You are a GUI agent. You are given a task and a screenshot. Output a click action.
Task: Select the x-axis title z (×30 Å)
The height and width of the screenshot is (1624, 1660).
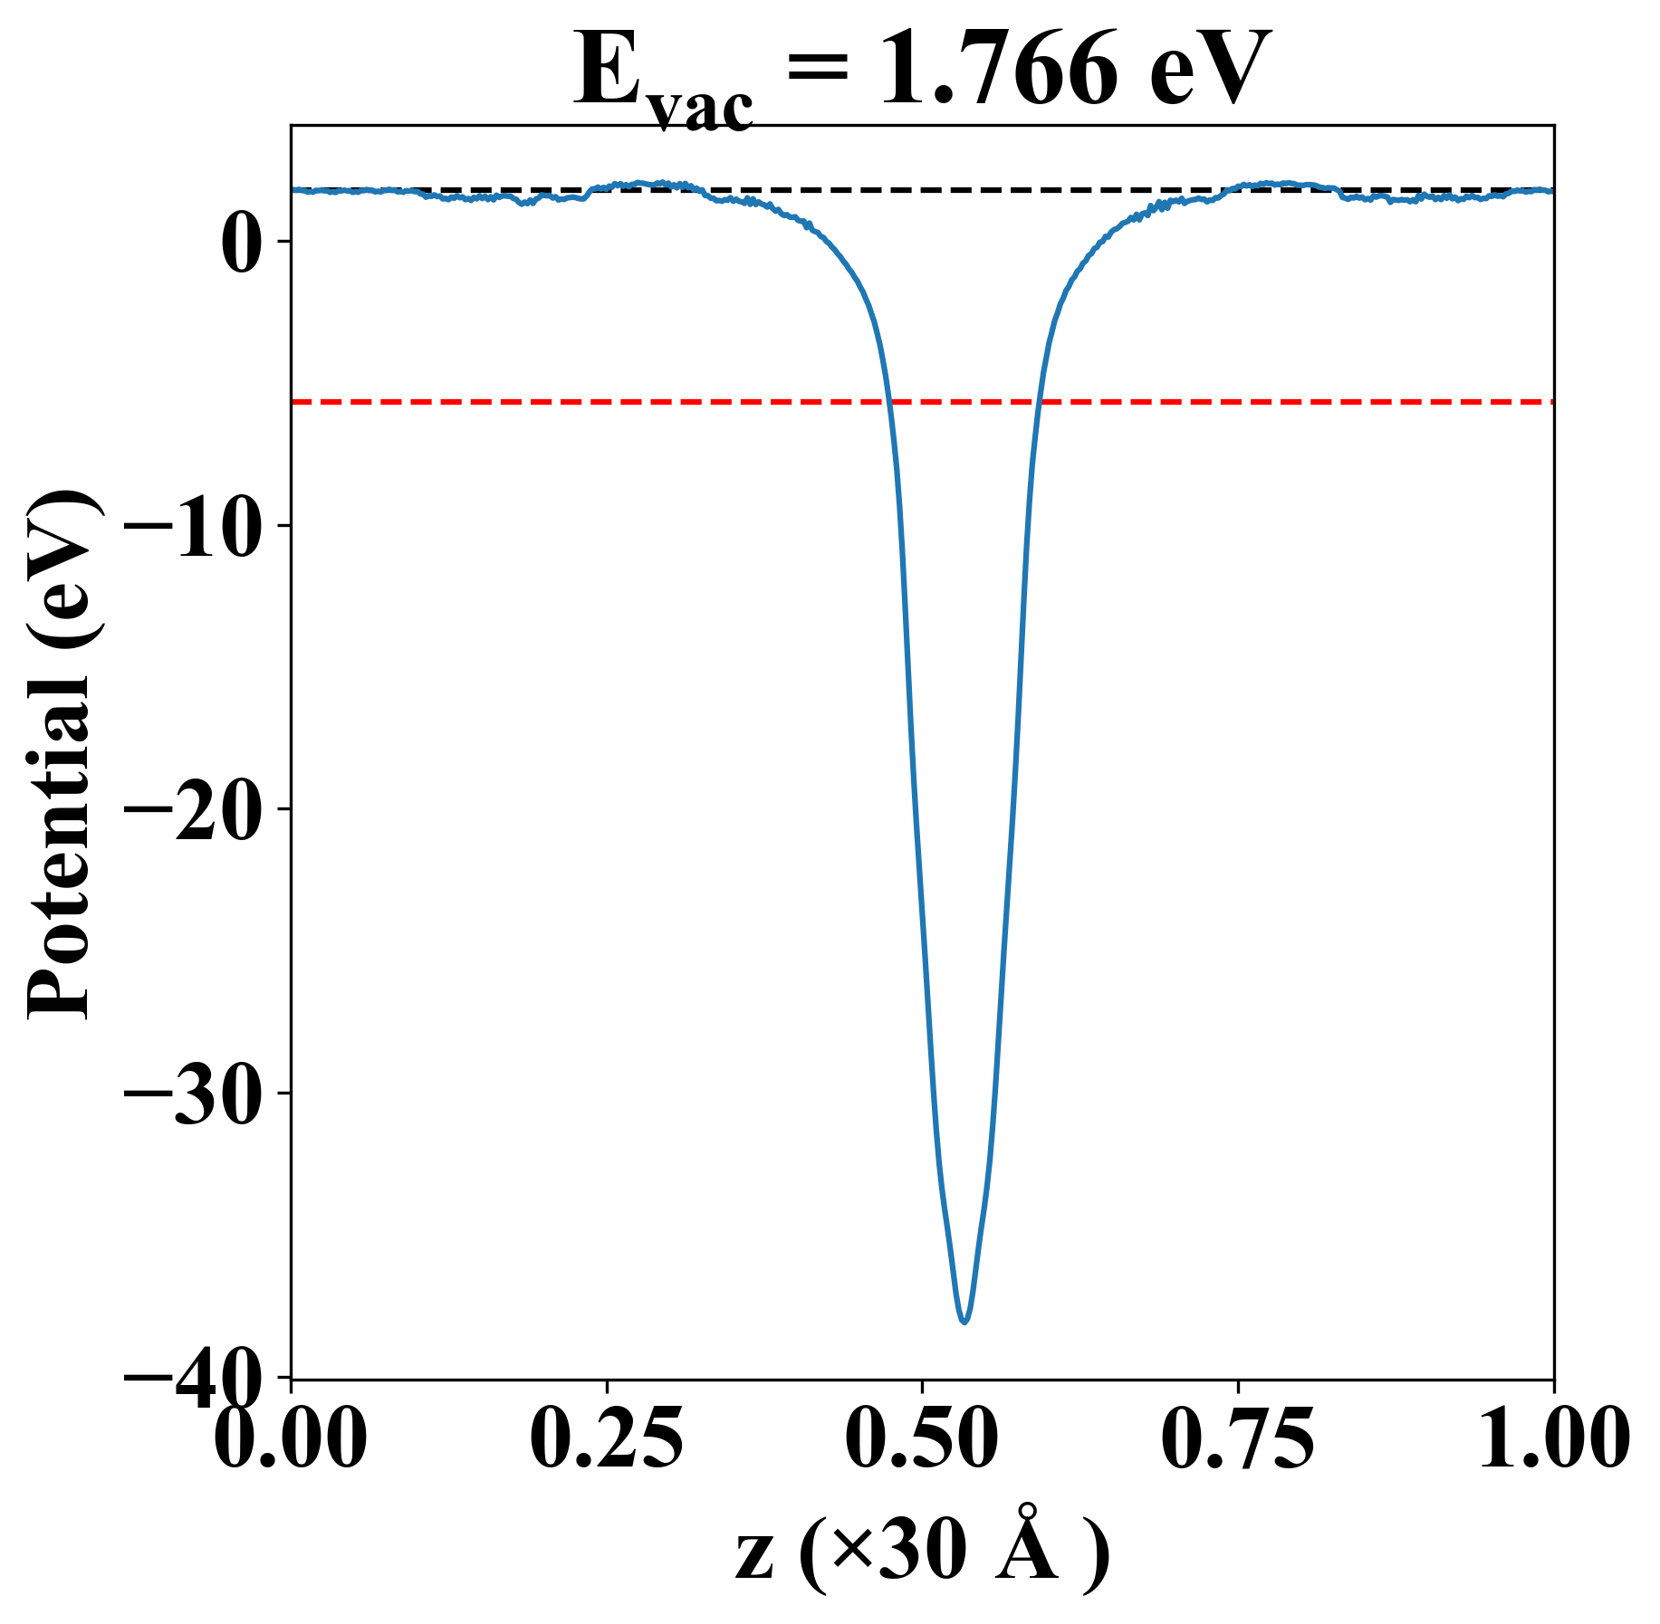(x=922, y=1555)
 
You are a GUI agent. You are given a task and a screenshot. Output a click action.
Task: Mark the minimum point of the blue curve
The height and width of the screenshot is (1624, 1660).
(x=964, y=1322)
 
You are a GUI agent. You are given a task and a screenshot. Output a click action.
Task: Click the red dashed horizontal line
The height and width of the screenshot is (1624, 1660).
(x=543, y=401)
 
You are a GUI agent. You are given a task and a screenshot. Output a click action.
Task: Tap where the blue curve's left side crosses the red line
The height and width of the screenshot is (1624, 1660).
(x=890, y=401)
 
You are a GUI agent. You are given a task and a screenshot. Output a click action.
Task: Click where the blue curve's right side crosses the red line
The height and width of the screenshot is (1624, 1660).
(x=1040, y=401)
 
